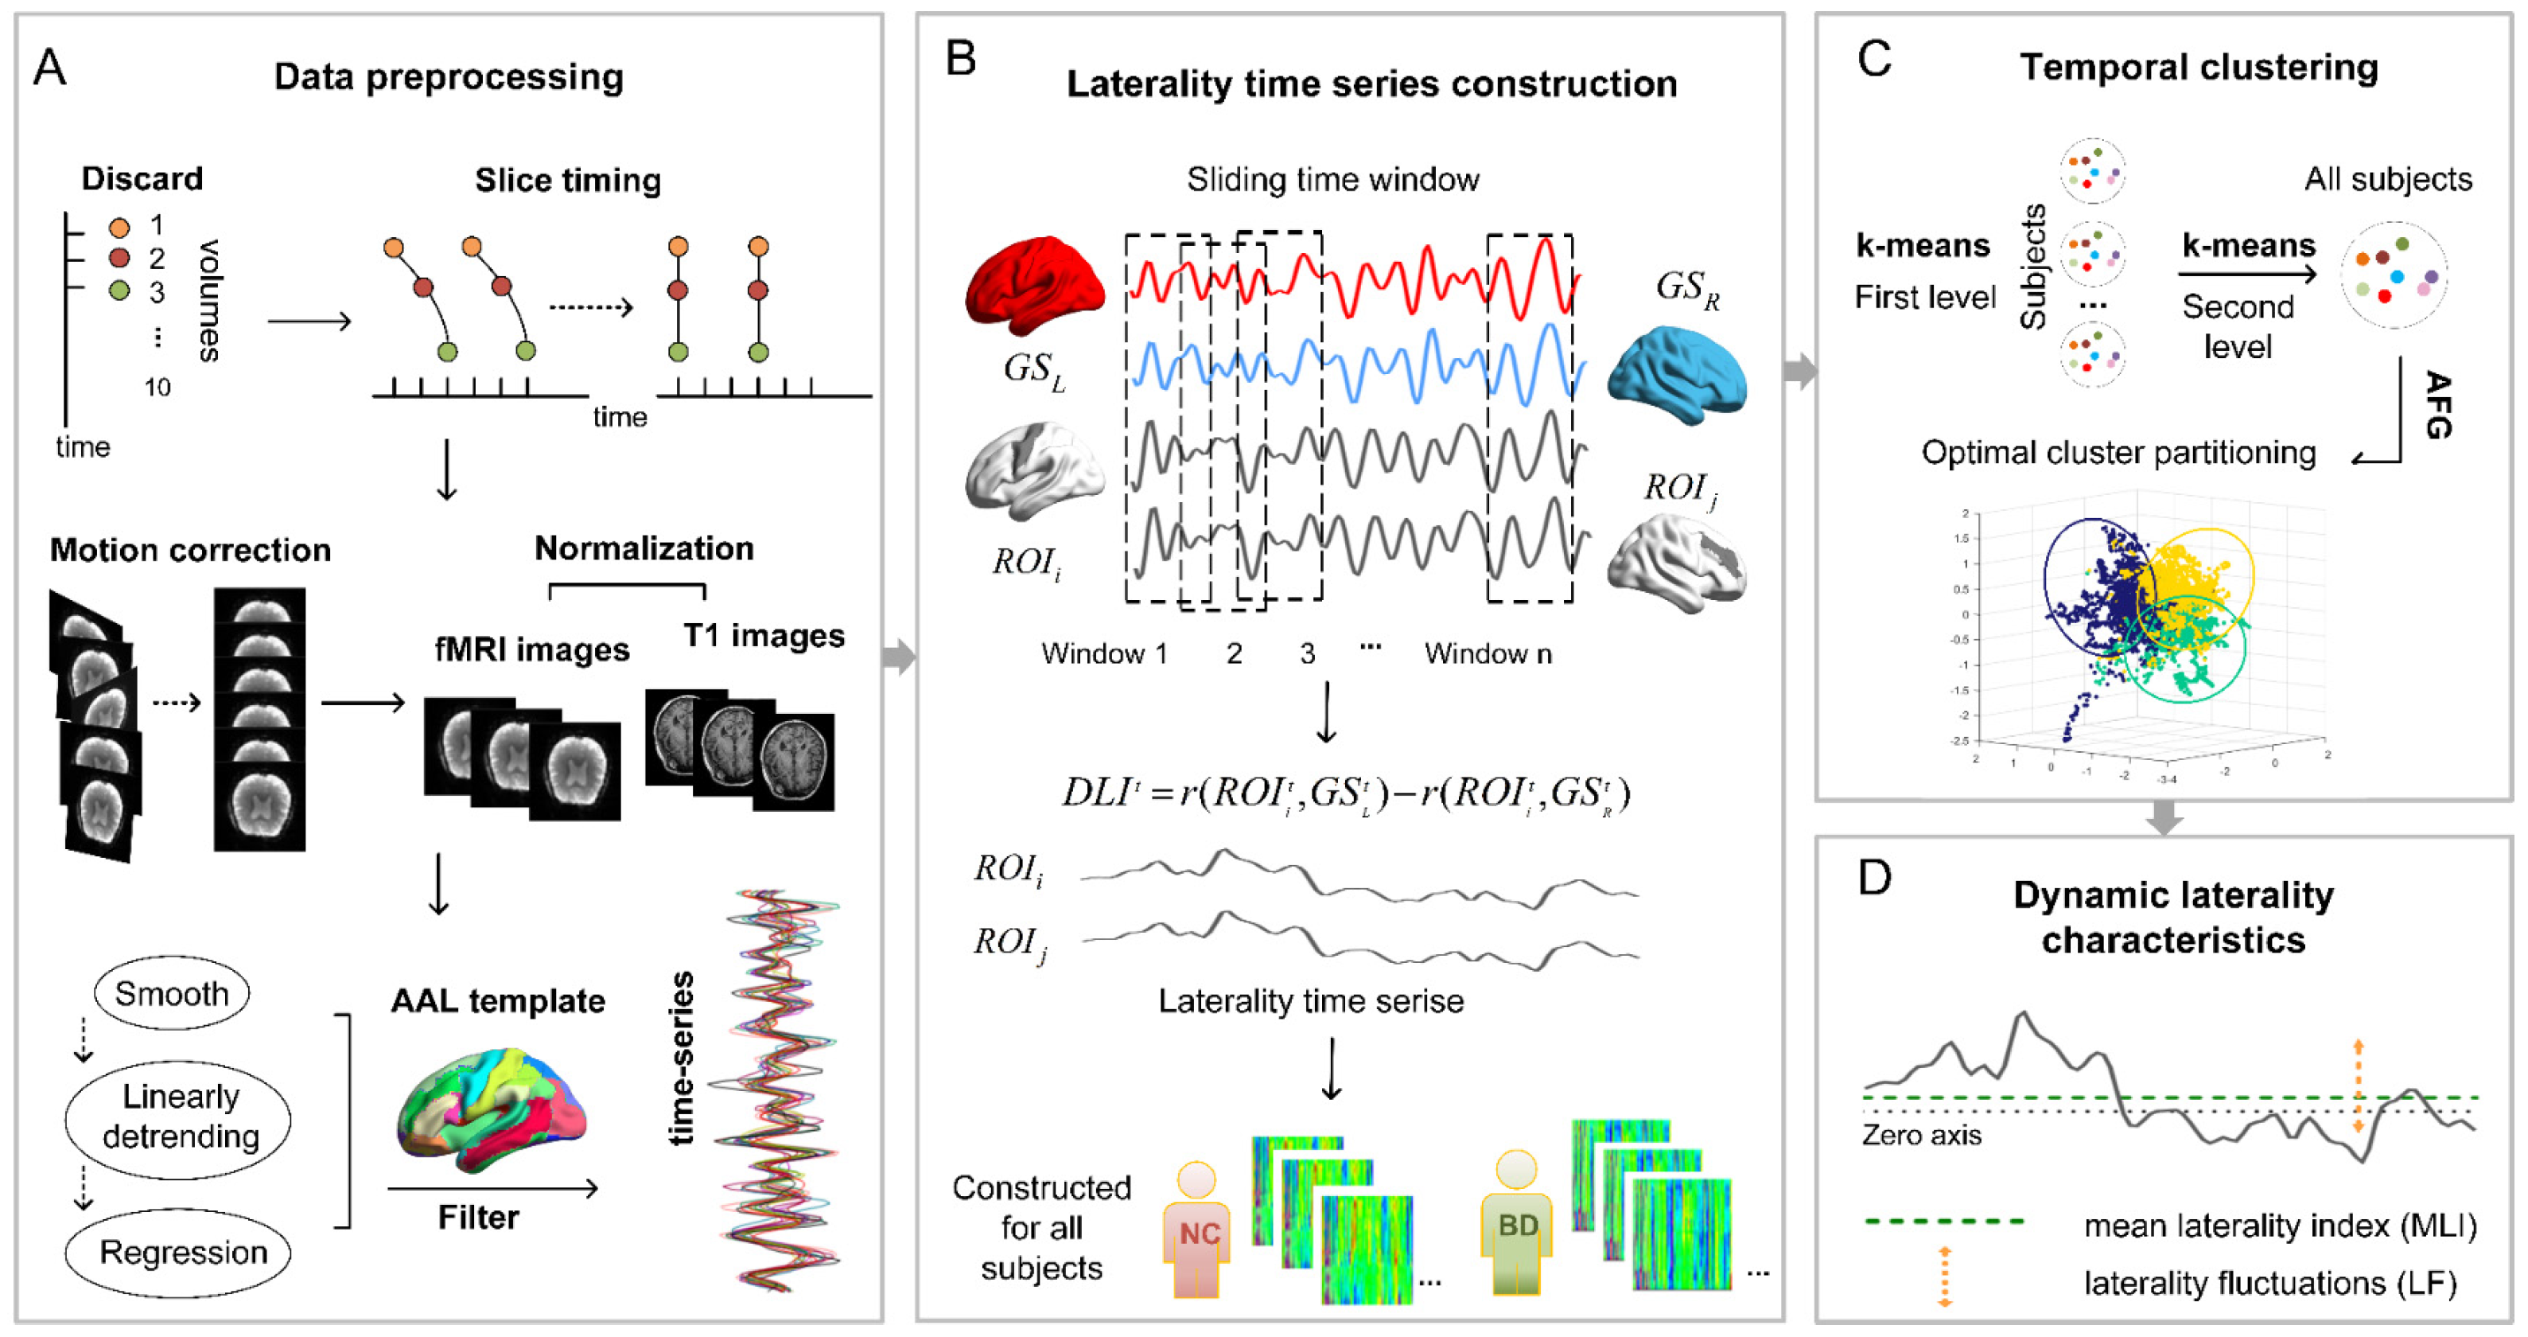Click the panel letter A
point(49,68)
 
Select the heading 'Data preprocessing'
point(449,76)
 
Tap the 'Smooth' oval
point(172,992)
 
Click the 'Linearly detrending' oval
point(180,1116)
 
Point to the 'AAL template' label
point(497,1000)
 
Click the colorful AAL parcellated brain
point(491,1109)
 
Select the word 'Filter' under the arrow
point(478,1218)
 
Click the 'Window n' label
point(1488,653)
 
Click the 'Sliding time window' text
point(1332,180)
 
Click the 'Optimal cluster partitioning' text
point(2118,453)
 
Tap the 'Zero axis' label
point(1922,1135)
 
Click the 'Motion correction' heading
point(190,550)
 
